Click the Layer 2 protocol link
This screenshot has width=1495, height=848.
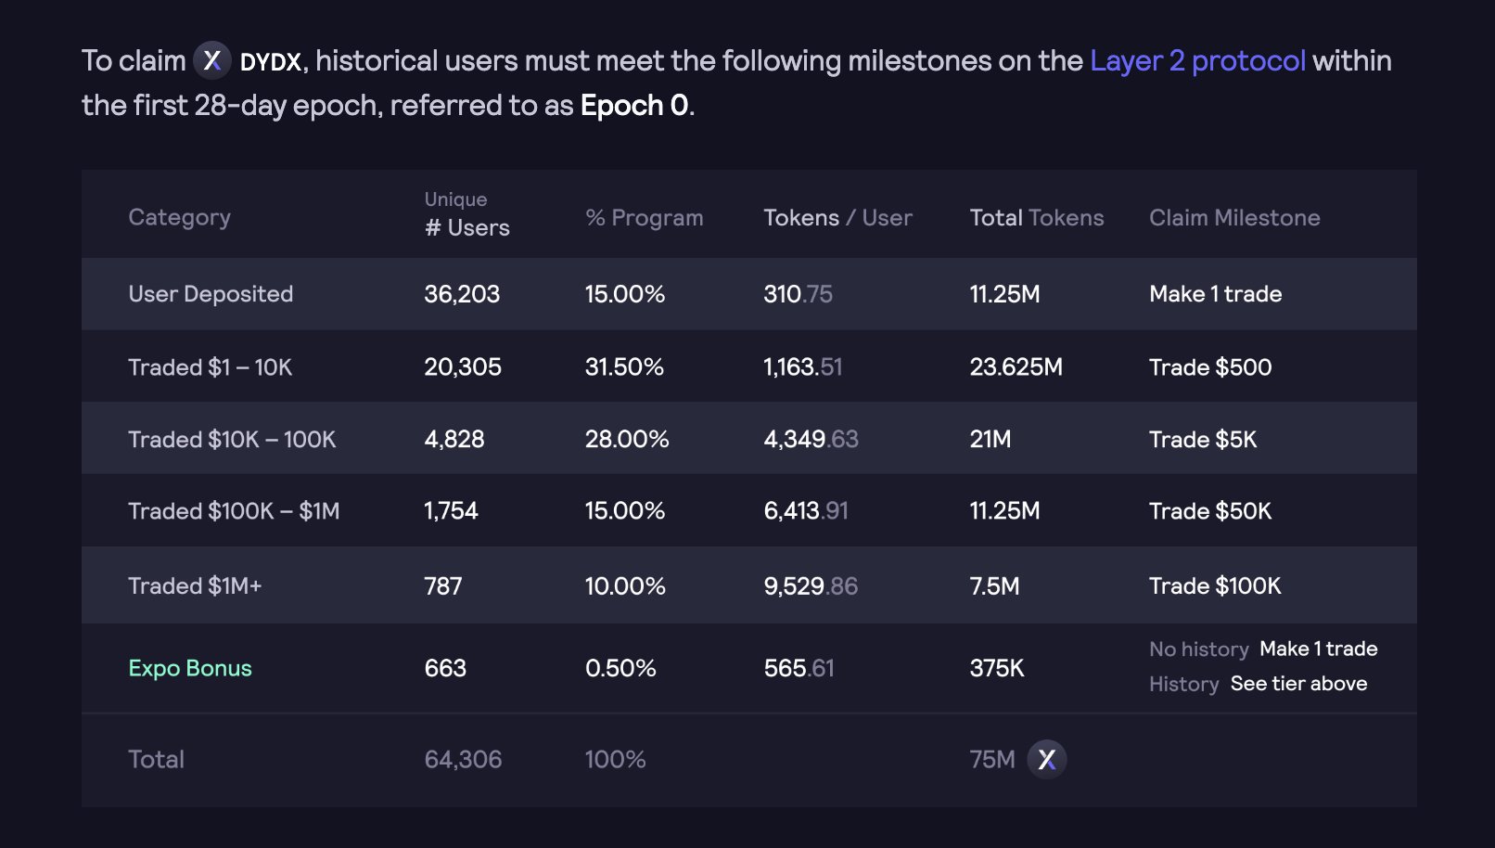1196,61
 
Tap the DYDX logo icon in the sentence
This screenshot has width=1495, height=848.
212,61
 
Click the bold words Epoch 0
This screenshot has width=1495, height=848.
634,106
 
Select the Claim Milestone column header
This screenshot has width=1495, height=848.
1233,218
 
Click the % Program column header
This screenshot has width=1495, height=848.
644,218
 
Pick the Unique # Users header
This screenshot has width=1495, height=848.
466,215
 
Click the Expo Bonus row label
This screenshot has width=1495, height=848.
190,668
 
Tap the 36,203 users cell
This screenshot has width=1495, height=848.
462,294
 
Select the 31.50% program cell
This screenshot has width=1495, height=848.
624,367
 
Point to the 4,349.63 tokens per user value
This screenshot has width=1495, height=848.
811,439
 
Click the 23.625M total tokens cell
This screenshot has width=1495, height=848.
1016,367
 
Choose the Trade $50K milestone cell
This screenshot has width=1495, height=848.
1209,511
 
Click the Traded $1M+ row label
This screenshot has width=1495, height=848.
195,586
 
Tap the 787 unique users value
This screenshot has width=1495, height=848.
442,586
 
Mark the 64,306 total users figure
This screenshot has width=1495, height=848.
463,760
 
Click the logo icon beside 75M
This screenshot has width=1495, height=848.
1047,760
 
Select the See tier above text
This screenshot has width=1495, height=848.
1298,684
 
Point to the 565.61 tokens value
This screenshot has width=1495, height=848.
799,668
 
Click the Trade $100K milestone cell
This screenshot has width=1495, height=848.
1214,586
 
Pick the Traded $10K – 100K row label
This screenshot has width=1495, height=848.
232,439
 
